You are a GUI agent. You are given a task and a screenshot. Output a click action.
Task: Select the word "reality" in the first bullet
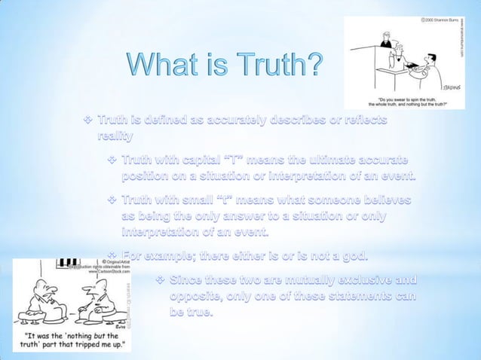tap(115, 136)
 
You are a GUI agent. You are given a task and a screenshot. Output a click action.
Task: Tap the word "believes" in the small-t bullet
tap(382, 201)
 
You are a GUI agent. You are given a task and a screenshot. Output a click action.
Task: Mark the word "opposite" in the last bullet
tap(198, 296)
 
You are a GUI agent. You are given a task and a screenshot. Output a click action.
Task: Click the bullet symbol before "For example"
tap(113, 256)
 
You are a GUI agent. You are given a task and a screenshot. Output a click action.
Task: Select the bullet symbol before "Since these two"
tap(160, 281)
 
